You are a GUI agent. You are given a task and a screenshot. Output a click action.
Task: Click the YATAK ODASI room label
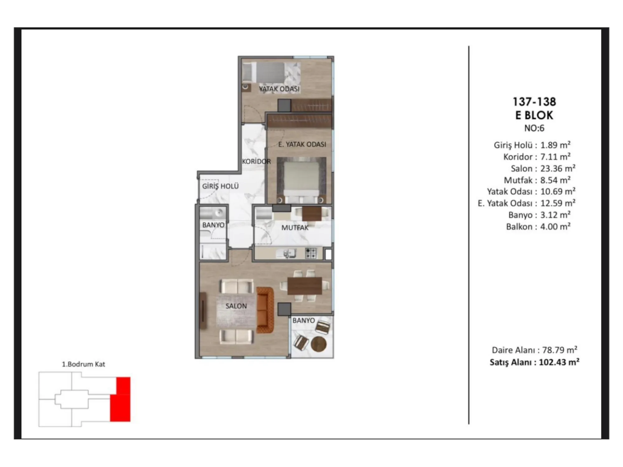(279, 89)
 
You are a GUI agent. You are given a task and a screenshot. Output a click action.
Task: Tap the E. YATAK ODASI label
(302, 144)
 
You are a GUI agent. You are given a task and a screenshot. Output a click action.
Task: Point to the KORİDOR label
(256, 161)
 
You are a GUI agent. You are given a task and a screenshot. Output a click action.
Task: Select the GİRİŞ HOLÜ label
(220, 186)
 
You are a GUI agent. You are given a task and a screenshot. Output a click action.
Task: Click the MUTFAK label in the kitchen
(295, 228)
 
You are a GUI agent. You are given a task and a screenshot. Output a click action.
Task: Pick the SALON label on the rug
(236, 306)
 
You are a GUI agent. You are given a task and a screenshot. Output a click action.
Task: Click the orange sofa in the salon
(265, 310)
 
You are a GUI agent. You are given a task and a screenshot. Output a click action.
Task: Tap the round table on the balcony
(319, 344)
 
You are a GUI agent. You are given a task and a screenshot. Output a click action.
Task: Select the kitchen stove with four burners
(311, 253)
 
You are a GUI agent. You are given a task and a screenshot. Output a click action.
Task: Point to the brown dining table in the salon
(304, 286)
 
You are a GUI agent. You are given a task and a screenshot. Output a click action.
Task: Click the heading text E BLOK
(534, 115)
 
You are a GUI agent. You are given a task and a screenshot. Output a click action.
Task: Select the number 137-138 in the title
(534, 101)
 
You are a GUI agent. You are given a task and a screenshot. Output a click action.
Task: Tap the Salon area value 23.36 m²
(558, 168)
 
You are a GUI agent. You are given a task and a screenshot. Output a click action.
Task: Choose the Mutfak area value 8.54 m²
(555, 180)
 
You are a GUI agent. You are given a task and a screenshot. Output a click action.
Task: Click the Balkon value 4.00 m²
(555, 226)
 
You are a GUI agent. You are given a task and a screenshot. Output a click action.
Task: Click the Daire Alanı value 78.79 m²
(560, 350)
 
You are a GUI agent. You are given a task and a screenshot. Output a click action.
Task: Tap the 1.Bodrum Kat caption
(83, 364)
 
